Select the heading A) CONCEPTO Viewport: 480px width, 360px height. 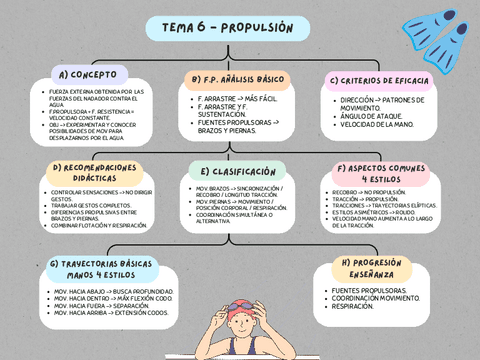[x=89, y=75]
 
